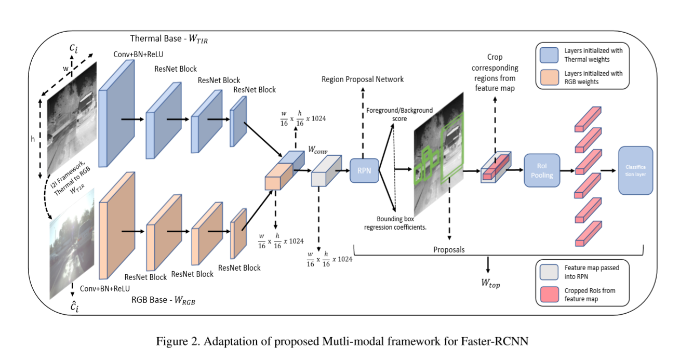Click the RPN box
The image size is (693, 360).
pos(364,170)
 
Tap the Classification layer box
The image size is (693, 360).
pos(635,170)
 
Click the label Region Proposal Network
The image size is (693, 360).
pos(363,79)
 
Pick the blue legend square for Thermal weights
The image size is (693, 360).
pos(549,55)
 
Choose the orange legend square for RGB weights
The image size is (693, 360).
pos(549,77)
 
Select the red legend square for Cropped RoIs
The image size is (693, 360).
pos(549,294)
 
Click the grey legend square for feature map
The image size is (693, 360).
pos(549,271)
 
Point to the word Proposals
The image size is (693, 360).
pos(449,250)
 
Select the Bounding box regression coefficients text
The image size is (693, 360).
pos(395,223)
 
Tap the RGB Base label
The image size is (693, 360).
pos(164,300)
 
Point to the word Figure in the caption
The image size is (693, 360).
pos(171,341)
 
